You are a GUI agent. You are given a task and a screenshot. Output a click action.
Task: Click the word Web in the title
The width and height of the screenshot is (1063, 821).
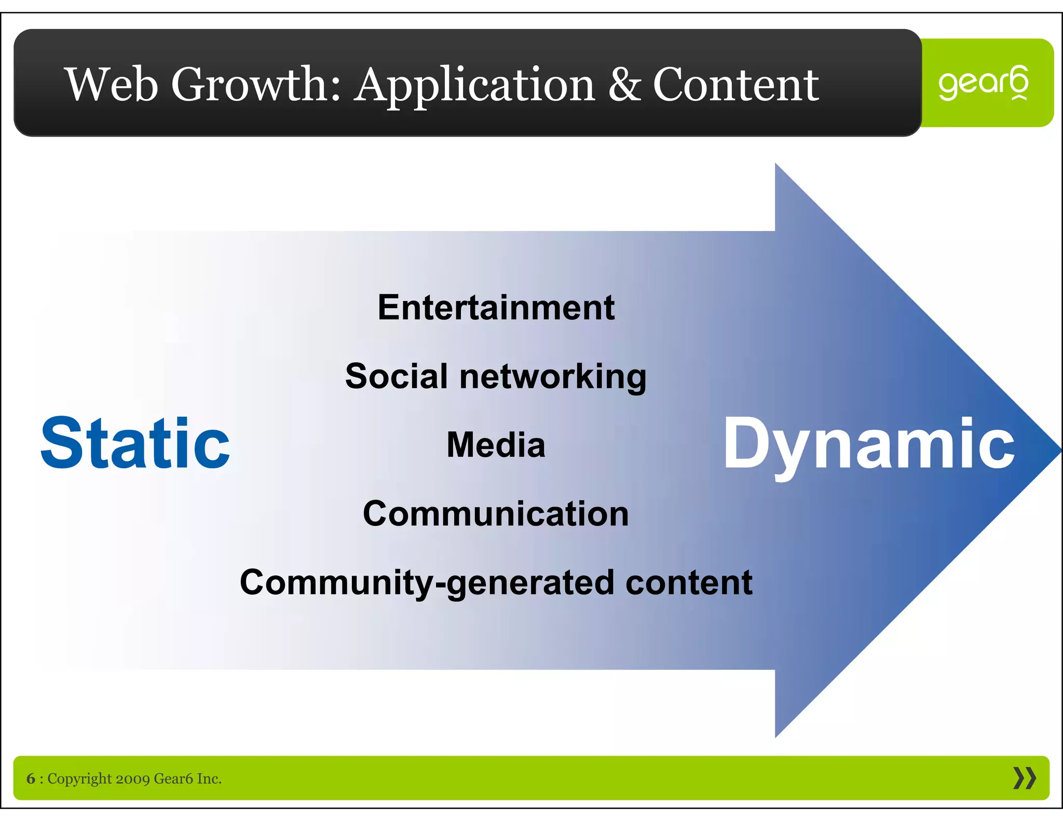tap(111, 85)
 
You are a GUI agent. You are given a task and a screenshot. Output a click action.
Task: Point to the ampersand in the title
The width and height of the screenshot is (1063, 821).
tap(624, 85)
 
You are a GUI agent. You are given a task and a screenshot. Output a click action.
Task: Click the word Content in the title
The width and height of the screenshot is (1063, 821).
tap(735, 85)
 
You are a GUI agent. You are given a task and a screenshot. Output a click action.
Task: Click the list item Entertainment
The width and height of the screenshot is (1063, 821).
tap(496, 308)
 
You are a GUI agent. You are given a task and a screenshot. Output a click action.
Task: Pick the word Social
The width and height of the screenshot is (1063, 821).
tap(396, 376)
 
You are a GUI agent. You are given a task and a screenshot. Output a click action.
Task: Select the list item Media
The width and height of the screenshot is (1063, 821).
tap(496, 445)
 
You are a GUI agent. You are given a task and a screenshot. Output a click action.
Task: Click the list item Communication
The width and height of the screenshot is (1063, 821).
tap(496, 514)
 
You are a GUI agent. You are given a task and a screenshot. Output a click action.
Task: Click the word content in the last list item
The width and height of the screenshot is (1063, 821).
tap(689, 582)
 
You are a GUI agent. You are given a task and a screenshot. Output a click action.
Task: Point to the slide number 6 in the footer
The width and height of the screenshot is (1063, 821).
tap(31, 778)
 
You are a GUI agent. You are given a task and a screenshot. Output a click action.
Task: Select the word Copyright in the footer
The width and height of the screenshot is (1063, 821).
tap(79, 779)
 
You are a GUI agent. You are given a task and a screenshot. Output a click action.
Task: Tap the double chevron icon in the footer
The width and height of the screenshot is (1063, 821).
tap(1024, 778)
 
